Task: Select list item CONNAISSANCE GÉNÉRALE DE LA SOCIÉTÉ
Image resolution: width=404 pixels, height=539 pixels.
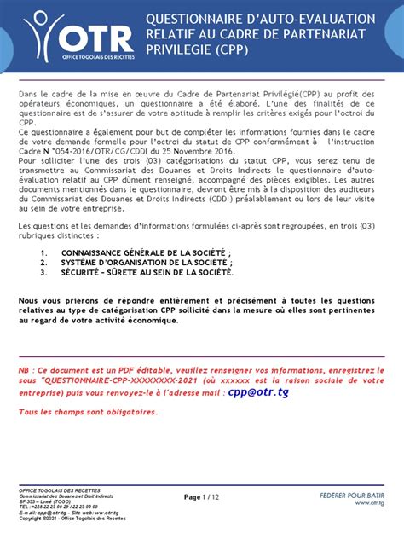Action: coord(146,254)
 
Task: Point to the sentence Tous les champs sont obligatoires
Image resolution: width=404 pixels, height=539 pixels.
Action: coord(88,412)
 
